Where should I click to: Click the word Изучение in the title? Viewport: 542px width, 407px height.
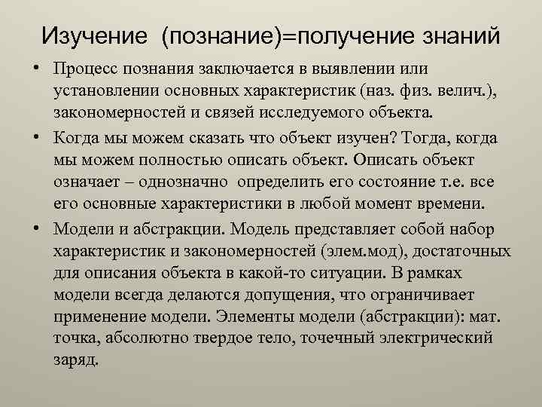95,35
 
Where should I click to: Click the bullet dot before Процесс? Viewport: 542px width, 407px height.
35,70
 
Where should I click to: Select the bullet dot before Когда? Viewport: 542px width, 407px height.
35,136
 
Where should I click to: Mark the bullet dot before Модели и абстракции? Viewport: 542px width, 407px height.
35,227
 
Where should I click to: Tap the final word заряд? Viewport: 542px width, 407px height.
75,360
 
